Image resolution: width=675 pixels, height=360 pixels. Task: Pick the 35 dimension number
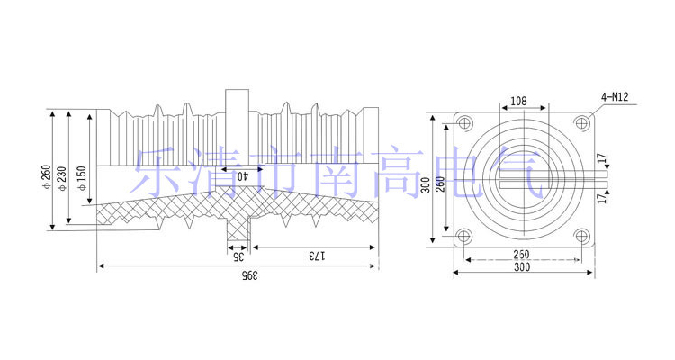pos(238,256)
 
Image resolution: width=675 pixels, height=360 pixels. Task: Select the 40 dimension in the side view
pos(242,177)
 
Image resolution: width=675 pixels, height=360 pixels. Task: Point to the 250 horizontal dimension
pos(522,254)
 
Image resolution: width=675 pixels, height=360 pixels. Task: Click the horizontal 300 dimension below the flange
pos(522,266)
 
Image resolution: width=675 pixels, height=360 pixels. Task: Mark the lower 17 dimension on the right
pos(602,200)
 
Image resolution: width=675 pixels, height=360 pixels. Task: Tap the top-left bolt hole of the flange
pos(464,122)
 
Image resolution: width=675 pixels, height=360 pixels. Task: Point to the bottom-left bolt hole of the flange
pos(464,238)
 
